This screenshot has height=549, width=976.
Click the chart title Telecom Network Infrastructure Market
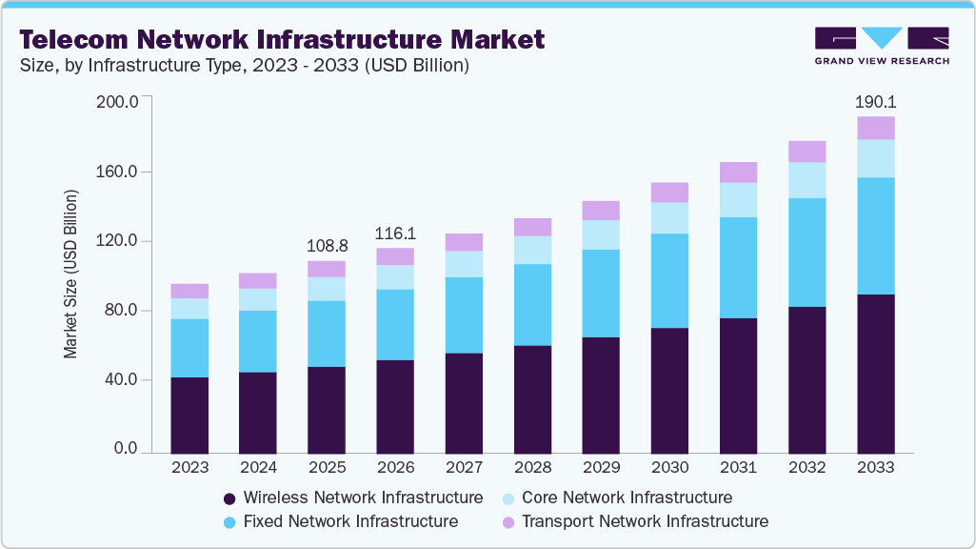coord(283,39)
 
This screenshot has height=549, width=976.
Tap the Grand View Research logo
coord(881,45)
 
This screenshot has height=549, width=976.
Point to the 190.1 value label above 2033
coord(875,101)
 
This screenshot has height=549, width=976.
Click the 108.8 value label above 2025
coord(327,245)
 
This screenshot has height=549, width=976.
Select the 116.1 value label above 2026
coord(395,233)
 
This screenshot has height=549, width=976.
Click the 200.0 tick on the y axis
coord(118,102)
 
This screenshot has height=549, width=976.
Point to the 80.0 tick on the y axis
coord(122,311)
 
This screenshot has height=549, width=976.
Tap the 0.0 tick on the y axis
coord(126,449)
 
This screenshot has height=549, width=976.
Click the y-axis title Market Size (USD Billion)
coord(70,274)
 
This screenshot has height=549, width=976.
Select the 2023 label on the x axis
coord(189,468)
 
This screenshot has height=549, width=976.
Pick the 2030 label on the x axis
coord(669,468)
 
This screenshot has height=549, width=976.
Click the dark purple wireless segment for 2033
coord(875,374)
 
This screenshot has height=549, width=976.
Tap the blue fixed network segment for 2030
coord(669,280)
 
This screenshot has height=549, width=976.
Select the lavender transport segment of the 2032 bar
coord(807,152)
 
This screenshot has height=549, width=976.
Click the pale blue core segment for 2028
coord(532,250)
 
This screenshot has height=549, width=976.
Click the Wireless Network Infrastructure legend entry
coord(352,498)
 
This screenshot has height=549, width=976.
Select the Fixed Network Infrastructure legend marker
coord(229,522)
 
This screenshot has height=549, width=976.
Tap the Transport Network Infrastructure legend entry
coord(634,522)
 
